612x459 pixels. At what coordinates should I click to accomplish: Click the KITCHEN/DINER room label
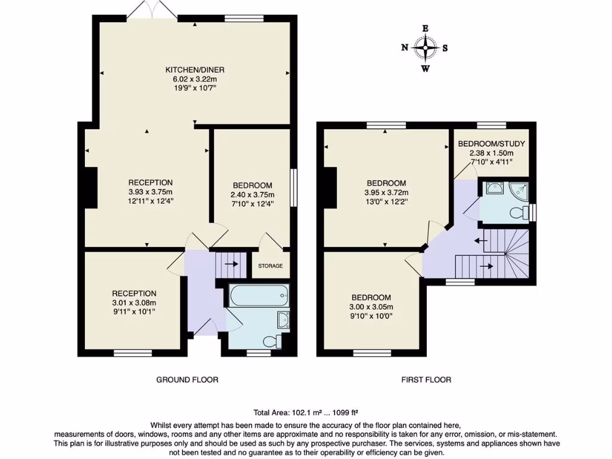pos(195,70)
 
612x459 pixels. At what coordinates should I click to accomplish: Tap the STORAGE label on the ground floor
pos(270,266)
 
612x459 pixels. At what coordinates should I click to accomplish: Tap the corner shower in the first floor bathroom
pos(517,189)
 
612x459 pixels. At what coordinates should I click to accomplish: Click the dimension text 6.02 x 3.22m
pos(195,79)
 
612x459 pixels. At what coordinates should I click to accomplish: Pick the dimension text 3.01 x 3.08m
pos(134,302)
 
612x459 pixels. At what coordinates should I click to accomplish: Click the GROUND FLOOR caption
pos(187,380)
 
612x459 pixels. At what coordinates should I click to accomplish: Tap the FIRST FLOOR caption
pos(427,380)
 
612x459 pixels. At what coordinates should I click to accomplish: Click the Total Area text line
pos(306,412)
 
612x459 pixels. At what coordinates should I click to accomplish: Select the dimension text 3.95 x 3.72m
pos(386,192)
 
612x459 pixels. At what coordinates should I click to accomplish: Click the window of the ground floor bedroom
pos(293,188)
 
